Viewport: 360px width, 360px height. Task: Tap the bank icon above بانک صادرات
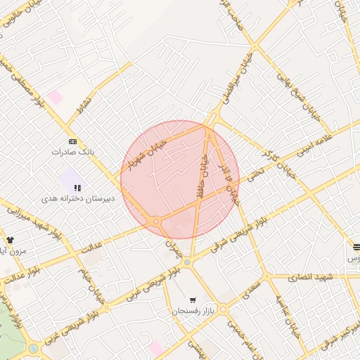pyautogui.click(x=72, y=141)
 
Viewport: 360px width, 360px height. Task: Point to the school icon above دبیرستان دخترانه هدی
pyautogui.click(x=77, y=188)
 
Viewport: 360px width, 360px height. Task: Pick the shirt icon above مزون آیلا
pyautogui.click(x=10, y=240)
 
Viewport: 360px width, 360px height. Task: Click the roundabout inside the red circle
pyautogui.click(x=155, y=221)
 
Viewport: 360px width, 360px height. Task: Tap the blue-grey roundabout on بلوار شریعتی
pyautogui.click(x=187, y=262)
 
